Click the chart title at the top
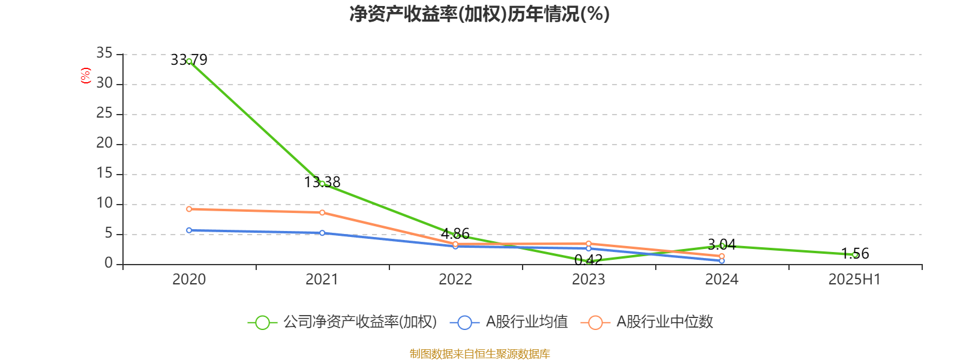[x=479, y=14]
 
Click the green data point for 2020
[x=189, y=61]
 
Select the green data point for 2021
[x=322, y=184]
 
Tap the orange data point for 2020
[x=189, y=209]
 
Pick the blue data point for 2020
[x=189, y=230]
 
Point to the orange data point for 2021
[x=322, y=212]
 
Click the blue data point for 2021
[x=322, y=233]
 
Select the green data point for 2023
[x=589, y=262]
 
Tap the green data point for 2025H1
[x=855, y=255]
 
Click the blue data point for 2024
[x=722, y=261]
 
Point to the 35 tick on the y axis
[x=104, y=53]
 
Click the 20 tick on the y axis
[x=104, y=143]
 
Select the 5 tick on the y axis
[x=109, y=233]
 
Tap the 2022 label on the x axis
[x=455, y=279]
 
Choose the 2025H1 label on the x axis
[x=854, y=279]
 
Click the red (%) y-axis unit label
[x=86, y=76]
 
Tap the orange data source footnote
[x=479, y=354]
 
